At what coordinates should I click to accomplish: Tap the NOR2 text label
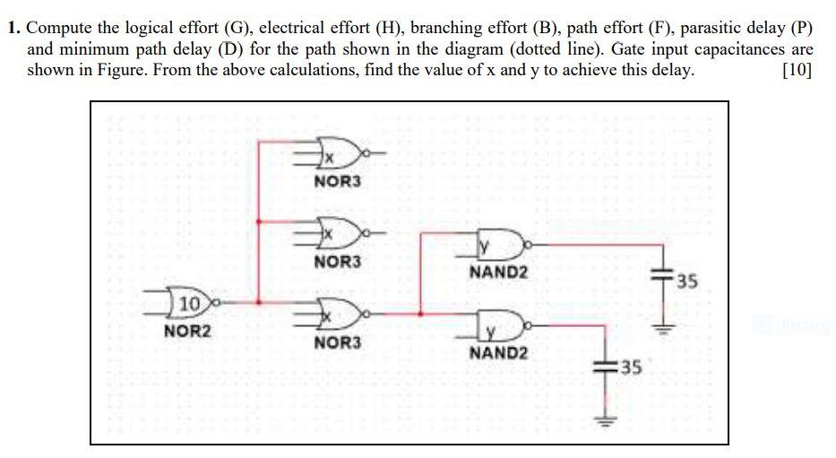[188, 331]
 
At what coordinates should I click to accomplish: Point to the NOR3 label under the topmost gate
[338, 182]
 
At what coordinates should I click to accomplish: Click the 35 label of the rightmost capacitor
[685, 283]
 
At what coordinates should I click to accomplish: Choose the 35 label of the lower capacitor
[633, 367]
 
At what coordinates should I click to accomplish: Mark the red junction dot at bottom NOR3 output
[420, 314]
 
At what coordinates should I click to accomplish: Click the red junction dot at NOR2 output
[259, 302]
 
